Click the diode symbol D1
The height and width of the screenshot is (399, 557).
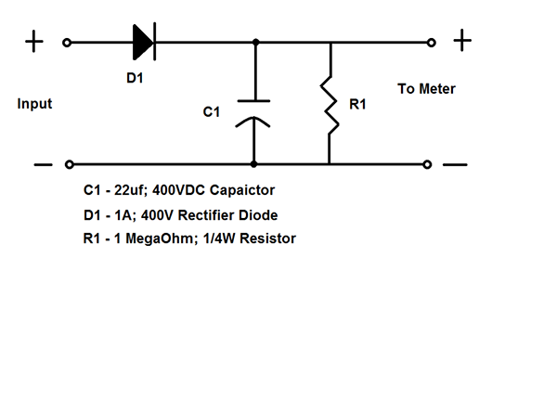click(x=144, y=42)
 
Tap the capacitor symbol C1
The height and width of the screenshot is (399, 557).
click(x=253, y=113)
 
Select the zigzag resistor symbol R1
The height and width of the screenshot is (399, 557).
click(x=330, y=105)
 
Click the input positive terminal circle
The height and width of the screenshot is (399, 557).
click(x=67, y=43)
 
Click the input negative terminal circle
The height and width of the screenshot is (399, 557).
click(x=70, y=164)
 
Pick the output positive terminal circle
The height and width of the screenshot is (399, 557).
click(x=432, y=43)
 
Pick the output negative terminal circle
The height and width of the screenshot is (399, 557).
click(x=427, y=164)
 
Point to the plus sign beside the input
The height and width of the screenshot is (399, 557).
click(x=34, y=42)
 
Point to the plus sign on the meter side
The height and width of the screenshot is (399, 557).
click(x=462, y=41)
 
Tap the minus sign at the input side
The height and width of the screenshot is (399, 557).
click(x=43, y=164)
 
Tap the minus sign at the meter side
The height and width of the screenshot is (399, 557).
click(x=455, y=164)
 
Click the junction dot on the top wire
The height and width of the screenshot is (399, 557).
click(x=256, y=43)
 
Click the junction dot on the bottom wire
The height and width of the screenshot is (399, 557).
click(x=253, y=164)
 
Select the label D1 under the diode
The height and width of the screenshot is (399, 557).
click(x=135, y=78)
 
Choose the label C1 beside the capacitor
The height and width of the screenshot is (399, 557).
click(x=212, y=112)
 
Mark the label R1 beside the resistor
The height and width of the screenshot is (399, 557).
click(x=357, y=104)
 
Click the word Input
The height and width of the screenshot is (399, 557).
click(x=35, y=104)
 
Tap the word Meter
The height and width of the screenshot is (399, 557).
click(x=437, y=89)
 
